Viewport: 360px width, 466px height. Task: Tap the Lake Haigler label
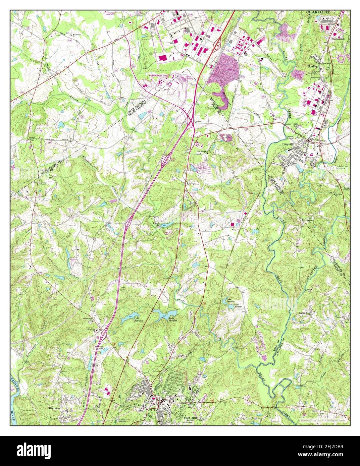click(172, 319)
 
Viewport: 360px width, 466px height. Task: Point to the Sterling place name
click(313, 66)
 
